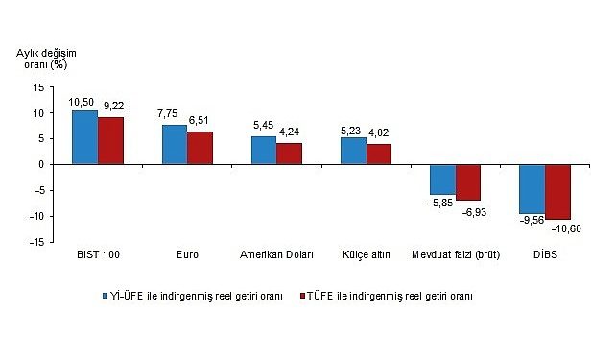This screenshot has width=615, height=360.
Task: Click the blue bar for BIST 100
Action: (85, 137)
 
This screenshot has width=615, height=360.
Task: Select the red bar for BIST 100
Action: (110, 140)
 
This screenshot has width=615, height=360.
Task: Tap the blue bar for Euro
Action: (175, 144)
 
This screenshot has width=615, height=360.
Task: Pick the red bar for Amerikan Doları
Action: (289, 154)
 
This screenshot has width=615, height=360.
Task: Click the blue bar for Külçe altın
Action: (353, 151)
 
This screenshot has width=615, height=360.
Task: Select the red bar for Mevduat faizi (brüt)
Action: (468, 182)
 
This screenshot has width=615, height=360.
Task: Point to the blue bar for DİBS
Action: (532, 189)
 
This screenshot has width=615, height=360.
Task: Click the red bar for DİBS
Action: (557, 192)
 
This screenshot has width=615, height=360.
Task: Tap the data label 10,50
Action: (82, 102)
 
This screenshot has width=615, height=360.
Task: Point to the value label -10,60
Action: (567, 228)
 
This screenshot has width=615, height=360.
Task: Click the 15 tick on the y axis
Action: (37, 87)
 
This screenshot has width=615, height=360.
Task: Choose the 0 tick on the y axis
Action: (40, 165)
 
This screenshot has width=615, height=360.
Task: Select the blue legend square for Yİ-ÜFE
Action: (107, 296)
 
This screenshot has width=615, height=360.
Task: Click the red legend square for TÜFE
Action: (304, 296)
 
